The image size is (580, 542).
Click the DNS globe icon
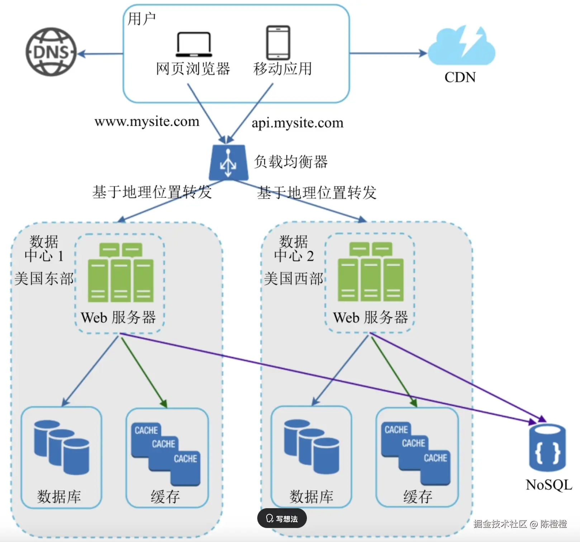click(51, 52)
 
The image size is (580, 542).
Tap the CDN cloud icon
click(461, 47)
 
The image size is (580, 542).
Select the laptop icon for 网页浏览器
click(194, 44)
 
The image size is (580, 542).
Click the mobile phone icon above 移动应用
click(278, 42)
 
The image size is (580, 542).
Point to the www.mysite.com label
click(147, 122)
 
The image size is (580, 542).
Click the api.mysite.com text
click(297, 123)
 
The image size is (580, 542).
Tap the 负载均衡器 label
click(291, 162)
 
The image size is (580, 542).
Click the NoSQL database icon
click(547, 448)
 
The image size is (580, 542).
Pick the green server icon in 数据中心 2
click(371, 272)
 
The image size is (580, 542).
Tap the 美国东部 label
click(44, 279)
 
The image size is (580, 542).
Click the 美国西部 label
click(294, 279)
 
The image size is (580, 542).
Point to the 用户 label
click(142, 19)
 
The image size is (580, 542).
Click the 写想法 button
click(282, 518)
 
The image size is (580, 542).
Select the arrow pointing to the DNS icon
click(100, 54)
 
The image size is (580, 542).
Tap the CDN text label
click(460, 77)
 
